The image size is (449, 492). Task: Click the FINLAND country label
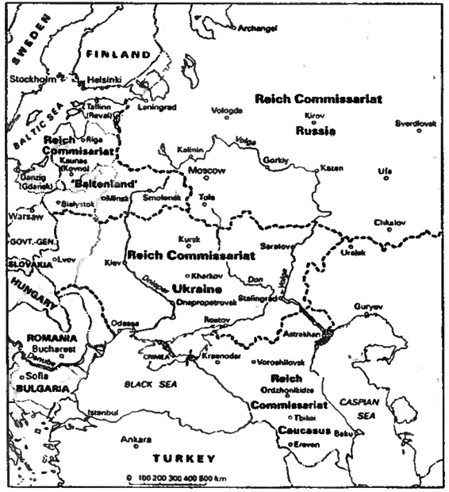coord(118,54)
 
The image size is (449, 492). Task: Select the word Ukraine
coord(196,289)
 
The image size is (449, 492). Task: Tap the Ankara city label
coord(136,439)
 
